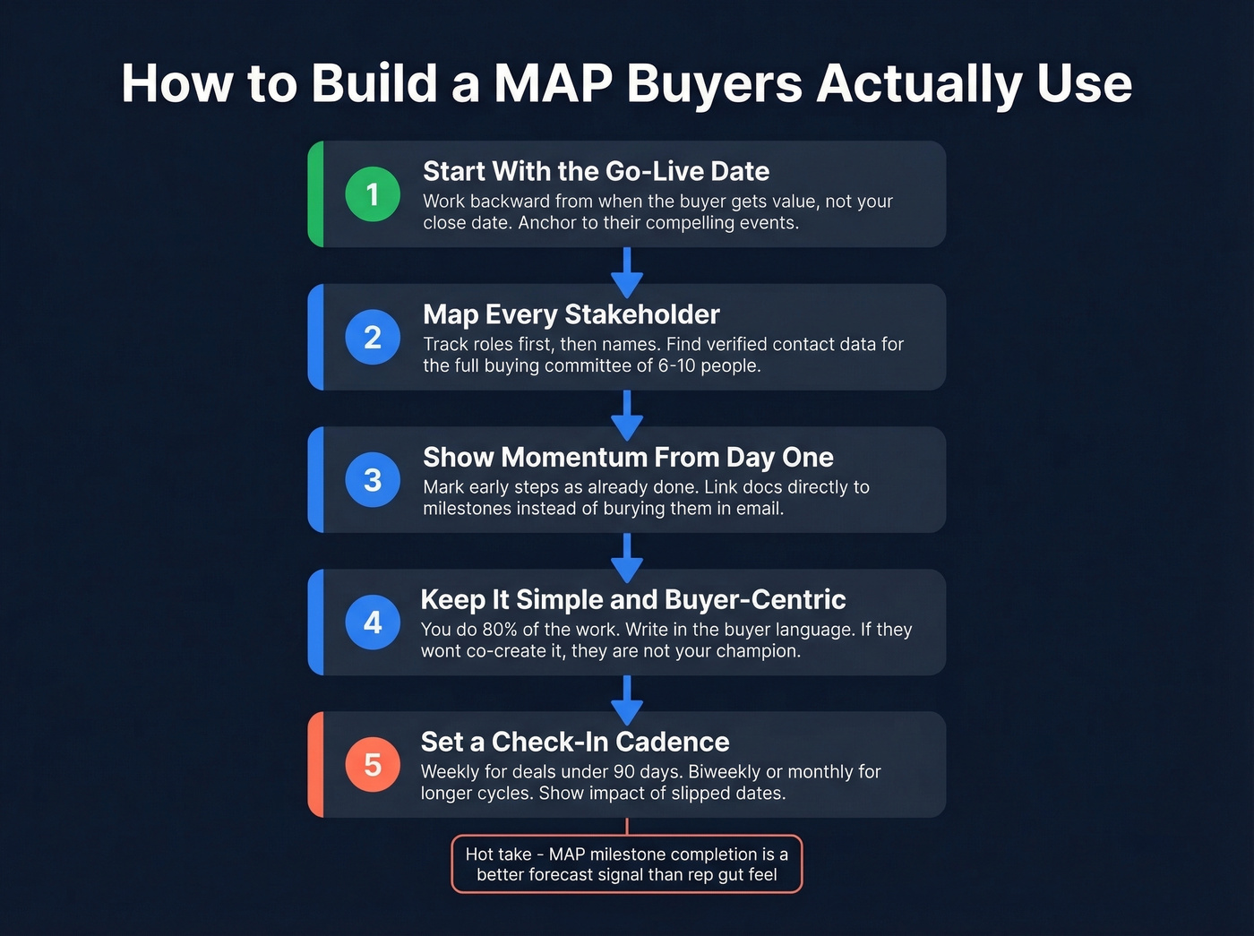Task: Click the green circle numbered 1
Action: pyautogui.click(x=373, y=194)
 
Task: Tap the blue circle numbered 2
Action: pyautogui.click(x=373, y=337)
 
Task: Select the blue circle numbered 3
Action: pyautogui.click(x=373, y=480)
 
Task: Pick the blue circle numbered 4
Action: pyautogui.click(x=373, y=623)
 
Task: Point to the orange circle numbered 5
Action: pyautogui.click(x=373, y=765)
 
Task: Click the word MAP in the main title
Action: pyautogui.click(x=553, y=83)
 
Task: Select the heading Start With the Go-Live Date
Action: pyautogui.click(x=596, y=171)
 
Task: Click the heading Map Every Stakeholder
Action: pyautogui.click(x=571, y=314)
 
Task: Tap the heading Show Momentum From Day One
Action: pyautogui.click(x=628, y=457)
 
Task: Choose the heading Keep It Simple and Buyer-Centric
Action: pyautogui.click(x=632, y=599)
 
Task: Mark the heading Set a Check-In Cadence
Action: pyautogui.click(x=574, y=742)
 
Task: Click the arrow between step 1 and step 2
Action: pyautogui.click(x=627, y=270)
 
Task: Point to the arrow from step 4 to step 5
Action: pyautogui.click(x=627, y=699)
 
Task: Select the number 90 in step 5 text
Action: pyautogui.click(x=623, y=772)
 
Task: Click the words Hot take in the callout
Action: pyautogui.click(x=498, y=854)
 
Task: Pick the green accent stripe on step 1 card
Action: pyautogui.click(x=315, y=194)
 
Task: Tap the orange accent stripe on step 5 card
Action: pyautogui.click(x=315, y=765)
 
